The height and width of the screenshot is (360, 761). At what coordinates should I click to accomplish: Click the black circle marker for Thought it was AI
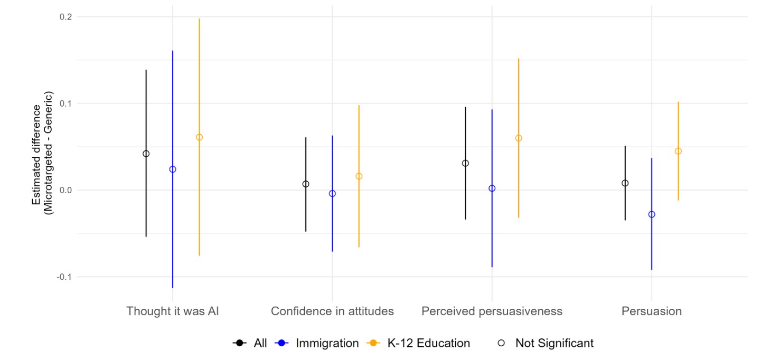point(146,154)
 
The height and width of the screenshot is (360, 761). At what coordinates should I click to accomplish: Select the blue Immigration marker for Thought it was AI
point(173,169)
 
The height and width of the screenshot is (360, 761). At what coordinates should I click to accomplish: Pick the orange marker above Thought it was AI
point(199,137)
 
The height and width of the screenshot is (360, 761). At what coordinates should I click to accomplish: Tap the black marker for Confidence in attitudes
point(306,184)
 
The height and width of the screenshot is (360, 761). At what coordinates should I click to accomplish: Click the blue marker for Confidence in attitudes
point(332,194)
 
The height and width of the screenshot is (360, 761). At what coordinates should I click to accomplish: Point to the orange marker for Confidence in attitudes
point(359,176)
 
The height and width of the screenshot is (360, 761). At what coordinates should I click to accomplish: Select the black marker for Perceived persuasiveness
point(465,163)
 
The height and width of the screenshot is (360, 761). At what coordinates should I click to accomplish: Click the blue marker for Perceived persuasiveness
point(492,188)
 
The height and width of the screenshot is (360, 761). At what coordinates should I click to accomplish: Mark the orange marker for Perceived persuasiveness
point(519,138)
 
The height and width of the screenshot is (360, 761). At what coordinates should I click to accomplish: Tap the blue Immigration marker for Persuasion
point(652,214)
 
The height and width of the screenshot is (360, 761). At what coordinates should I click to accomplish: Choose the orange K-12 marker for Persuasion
point(678,151)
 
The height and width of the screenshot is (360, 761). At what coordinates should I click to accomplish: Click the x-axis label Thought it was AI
point(173,311)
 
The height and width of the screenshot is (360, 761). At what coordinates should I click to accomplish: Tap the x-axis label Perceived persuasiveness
point(492,311)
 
